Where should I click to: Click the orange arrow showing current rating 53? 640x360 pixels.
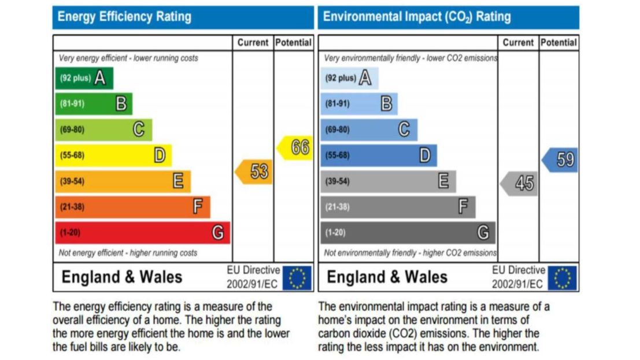254,172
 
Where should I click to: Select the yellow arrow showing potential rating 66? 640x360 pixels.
295,147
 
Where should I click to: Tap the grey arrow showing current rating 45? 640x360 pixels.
520,183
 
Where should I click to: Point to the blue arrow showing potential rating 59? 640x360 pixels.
560,159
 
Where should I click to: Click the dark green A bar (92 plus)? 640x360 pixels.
84,78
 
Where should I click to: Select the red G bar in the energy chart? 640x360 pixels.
142,233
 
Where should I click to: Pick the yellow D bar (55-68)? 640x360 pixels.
113,155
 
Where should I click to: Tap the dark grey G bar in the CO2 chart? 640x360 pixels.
408,233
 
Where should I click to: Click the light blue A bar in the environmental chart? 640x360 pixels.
349,78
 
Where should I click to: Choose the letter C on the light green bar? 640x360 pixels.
139,129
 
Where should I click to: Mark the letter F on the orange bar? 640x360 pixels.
198,207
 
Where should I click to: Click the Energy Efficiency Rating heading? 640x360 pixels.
124,17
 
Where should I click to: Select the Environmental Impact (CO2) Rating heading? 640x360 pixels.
417,17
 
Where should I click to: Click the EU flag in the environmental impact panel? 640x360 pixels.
562,277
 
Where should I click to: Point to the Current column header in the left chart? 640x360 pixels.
253,43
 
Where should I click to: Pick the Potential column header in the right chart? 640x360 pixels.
558,43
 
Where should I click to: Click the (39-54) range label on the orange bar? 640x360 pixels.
72,181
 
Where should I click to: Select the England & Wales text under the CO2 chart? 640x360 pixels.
387,277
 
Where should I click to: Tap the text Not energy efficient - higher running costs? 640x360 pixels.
128,253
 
